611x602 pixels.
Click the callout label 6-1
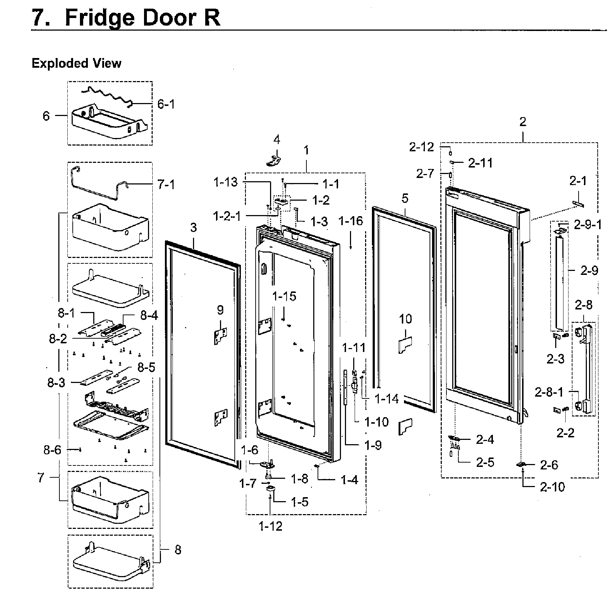[166, 104]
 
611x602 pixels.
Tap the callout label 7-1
[166, 185]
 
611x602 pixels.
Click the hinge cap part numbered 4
[275, 160]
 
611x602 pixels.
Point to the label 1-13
[226, 183]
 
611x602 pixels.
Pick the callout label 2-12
[422, 147]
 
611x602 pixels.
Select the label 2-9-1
[588, 225]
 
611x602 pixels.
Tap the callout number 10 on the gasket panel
[405, 319]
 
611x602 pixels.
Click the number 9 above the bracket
[220, 309]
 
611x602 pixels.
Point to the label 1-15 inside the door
[284, 296]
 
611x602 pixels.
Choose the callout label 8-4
[149, 316]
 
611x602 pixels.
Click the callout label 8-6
[53, 450]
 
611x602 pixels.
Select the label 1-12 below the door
[270, 526]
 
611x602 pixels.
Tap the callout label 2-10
[552, 487]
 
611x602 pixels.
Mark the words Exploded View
[77, 63]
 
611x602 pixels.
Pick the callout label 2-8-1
[549, 392]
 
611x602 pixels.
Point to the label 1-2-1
[227, 217]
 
